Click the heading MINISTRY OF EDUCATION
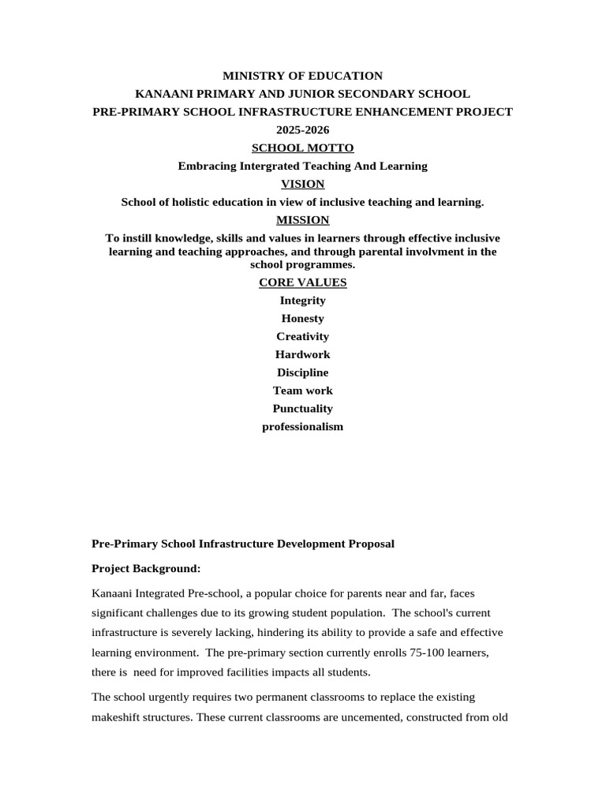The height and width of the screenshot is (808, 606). click(302, 76)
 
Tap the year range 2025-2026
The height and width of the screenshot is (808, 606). click(302, 130)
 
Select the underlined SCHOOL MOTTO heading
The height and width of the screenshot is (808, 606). click(302, 148)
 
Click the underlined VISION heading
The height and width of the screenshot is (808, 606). click(302, 184)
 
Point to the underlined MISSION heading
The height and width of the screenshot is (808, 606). click(302, 220)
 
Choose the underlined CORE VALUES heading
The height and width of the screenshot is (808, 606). click(302, 282)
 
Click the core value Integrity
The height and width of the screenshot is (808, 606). click(302, 301)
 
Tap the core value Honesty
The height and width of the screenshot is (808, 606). click(302, 319)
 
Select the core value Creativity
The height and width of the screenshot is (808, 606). click(302, 337)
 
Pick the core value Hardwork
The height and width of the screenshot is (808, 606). click(302, 355)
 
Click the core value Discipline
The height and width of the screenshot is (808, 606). click(302, 372)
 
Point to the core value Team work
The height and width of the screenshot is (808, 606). click(302, 391)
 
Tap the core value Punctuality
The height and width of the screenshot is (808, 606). click(302, 409)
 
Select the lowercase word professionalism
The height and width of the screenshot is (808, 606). click(302, 427)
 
